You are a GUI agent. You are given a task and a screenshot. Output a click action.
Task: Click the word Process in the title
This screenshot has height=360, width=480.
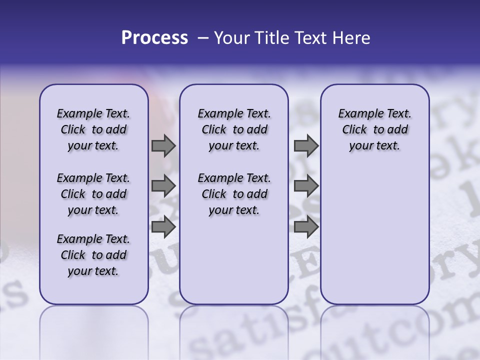point(154,38)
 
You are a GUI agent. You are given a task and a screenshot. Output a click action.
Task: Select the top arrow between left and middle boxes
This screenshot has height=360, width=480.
point(163,146)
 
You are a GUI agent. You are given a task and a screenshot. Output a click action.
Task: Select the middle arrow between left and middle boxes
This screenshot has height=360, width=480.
point(163,186)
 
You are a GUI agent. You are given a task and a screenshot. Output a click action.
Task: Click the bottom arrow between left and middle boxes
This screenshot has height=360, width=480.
point(163,226)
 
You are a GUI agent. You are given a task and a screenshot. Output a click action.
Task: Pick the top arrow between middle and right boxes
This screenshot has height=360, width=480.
point(306,146)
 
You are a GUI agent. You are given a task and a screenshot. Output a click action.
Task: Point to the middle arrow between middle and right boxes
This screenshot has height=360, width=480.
point(306,186)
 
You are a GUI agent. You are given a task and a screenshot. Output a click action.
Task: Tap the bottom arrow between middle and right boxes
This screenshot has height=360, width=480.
point(306,226)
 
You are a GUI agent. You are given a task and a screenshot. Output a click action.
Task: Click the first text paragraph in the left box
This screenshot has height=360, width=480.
point(93,129)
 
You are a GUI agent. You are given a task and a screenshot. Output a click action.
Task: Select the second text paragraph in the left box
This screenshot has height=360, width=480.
point(93,194)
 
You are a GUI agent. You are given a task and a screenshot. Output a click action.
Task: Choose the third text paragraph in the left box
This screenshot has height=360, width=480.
point(93,255)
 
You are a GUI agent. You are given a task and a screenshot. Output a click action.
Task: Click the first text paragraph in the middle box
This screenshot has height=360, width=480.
point(234,129)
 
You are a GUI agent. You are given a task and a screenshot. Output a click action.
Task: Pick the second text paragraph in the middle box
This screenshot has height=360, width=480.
point(234,194)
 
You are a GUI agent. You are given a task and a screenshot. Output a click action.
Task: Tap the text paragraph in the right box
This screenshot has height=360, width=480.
point(374,129)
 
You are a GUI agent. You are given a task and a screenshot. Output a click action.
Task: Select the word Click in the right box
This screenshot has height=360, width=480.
point(354,130)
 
